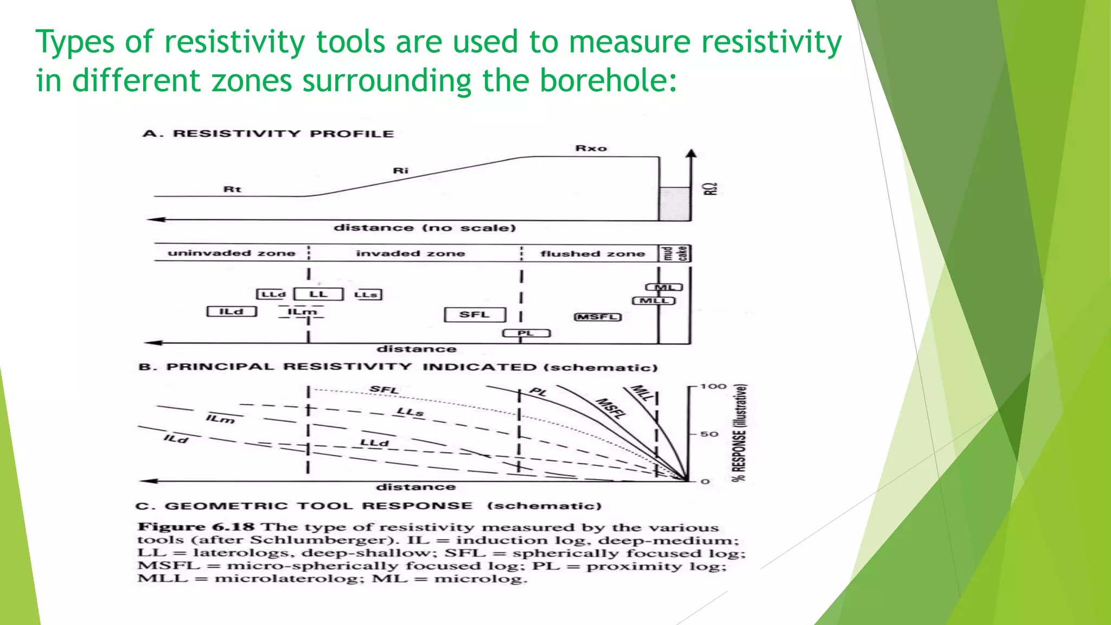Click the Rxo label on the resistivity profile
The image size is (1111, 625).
591,148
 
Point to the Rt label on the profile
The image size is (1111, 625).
232,189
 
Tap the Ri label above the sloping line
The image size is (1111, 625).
400,171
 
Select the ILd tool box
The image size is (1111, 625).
232,311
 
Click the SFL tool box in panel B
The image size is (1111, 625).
475,315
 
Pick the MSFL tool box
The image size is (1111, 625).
597,317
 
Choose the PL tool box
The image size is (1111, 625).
526,333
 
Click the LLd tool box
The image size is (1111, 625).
271,294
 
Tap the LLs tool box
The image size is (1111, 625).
367,295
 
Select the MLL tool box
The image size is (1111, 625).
654,301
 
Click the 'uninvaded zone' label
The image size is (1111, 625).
232,253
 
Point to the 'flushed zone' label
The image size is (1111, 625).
592,253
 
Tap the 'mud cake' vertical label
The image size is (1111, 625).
675,253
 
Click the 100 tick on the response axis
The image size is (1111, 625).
712,386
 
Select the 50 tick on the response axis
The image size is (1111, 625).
709,434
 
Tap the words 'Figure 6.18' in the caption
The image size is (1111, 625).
196,527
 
